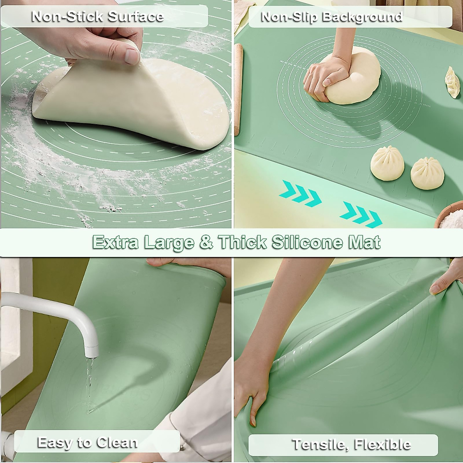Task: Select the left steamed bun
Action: point(387,162)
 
